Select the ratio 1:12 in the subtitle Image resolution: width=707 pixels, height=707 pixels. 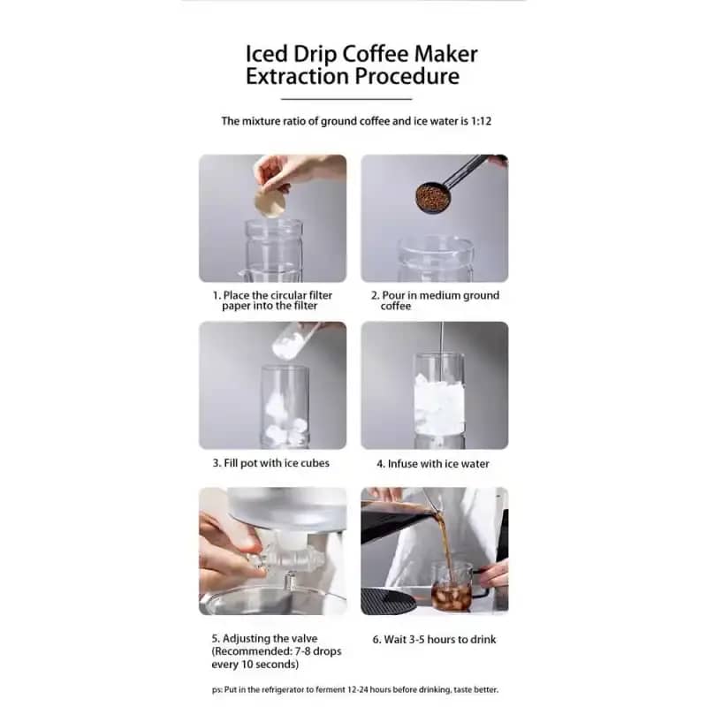[481, 121]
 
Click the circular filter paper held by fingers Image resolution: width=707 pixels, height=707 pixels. [270, 201]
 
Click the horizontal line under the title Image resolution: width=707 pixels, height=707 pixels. [346, 99]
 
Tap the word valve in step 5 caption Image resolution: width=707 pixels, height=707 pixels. [304, 638]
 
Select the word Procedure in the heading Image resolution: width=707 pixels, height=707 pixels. [407, 76]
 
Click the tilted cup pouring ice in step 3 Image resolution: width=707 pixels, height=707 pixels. [294, 339]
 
